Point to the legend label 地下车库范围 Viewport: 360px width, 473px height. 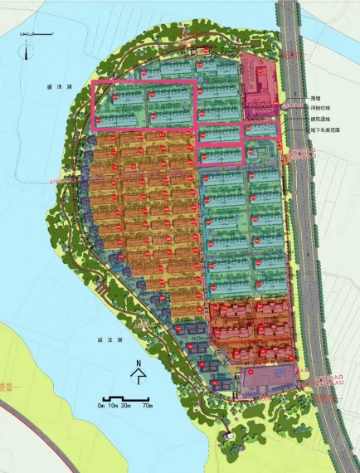[323, 130]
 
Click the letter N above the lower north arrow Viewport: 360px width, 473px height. [139, 363]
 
